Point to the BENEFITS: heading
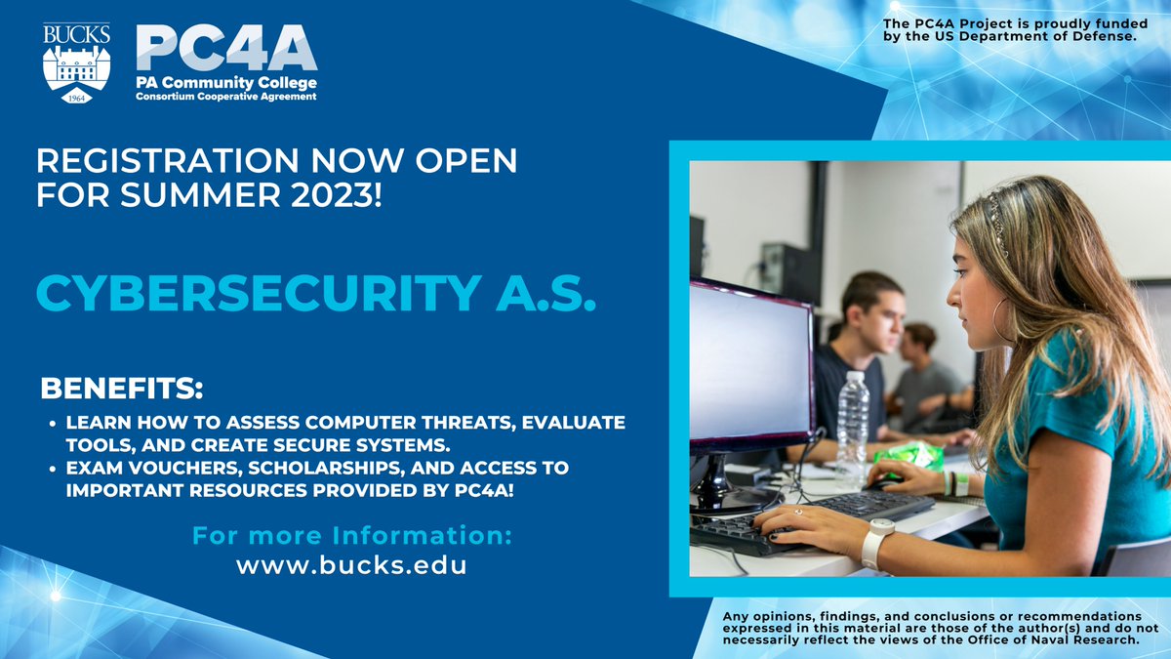(x=121, y=389)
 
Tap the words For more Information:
(x=351, y=536)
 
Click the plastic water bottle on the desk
(x=852, y=429)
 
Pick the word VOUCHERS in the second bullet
(x=191, y=469)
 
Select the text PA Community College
(x=225, y=84)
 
